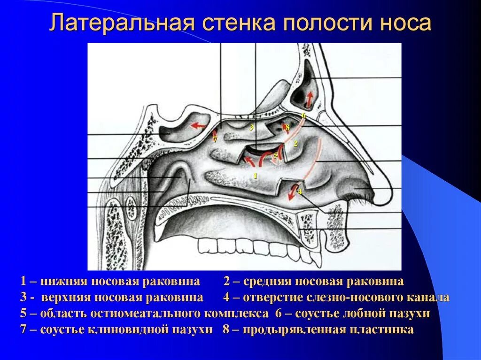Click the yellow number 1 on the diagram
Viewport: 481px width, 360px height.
pyautogui.click(x=255, y=176)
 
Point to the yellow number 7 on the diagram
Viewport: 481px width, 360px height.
pyautogui.click(x=215, y=139)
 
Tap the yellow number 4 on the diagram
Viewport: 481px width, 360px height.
pyautogui.click(x=300, y=192)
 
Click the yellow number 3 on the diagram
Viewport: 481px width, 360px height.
pyautogui.click(x=251, y=128)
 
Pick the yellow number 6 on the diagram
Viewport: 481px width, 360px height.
pyautogui.click(x=303, y=115)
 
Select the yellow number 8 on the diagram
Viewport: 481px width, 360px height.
pyautogui.click(x=287, y=127)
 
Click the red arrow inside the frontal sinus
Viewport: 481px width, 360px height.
pyautogui.click(x=309, y=100)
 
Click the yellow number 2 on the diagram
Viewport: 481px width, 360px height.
pyautogui.click(x=295, y=144)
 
